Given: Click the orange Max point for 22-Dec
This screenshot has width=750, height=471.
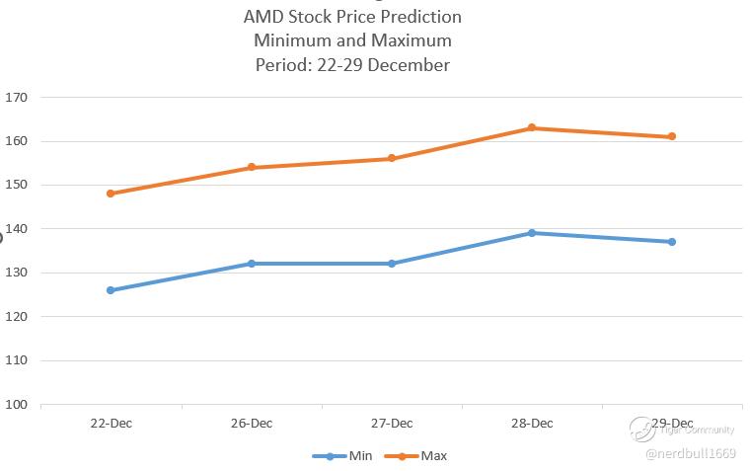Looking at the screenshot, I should coord(111,194).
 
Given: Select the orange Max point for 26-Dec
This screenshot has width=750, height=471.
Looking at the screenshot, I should coord(252,167).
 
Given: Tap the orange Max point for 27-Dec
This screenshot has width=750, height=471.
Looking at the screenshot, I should coord(392,158).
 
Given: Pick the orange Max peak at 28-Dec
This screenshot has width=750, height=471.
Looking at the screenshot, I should coord(532,127).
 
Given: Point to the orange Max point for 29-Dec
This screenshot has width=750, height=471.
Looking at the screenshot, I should coord(672,136).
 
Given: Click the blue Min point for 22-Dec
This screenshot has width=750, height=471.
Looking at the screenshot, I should coord(111,290).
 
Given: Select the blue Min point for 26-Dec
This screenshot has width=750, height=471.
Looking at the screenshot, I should coord(252,264).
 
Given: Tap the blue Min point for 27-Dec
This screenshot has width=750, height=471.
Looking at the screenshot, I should coord(392,264).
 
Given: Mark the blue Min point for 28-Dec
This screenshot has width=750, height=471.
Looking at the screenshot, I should coord(532,233).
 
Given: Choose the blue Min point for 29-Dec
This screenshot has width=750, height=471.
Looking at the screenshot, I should coord(672,242).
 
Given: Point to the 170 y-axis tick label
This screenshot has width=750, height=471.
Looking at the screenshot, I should coord(16,98).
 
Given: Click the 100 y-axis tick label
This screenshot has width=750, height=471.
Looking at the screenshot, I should coord(16,404).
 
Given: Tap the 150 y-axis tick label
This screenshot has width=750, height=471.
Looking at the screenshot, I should coord(16,185).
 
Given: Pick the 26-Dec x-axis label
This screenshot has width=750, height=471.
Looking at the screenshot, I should coord(252,424).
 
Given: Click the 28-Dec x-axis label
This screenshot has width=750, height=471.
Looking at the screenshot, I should coord(532,424).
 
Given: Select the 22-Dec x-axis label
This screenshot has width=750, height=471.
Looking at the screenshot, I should coord(111,424).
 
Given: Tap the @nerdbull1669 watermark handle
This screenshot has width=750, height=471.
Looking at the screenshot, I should coord(690,453).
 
